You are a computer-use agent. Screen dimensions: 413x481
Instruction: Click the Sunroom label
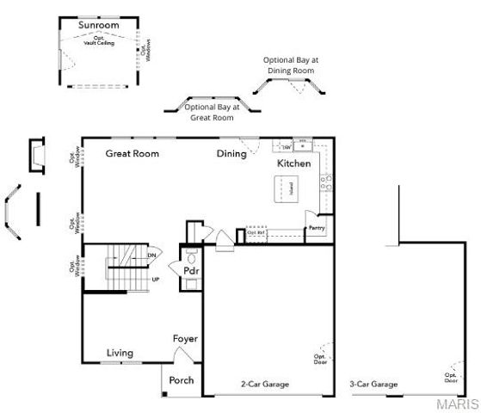pos(98,26)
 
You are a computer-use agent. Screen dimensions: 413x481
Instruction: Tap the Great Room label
pos(133,154)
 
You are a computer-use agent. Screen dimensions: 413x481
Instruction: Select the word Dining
pos(231,154)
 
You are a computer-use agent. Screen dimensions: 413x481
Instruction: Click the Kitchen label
pos(293,163)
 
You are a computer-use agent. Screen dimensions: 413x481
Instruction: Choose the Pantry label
pos(316,229)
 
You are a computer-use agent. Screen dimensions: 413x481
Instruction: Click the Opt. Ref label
pos(255,232)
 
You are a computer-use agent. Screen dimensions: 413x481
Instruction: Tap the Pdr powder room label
pos(191,271)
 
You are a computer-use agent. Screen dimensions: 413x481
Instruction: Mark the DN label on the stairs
pos(151,255)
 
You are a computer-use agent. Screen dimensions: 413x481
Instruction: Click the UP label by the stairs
pos(156,280)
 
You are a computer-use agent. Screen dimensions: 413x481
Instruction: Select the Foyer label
pos(186,338)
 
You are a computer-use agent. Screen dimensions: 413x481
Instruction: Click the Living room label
pos(120,353)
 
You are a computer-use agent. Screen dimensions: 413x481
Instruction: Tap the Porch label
pos(182,380)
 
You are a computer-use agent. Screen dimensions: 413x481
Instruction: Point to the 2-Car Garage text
pos(264,384)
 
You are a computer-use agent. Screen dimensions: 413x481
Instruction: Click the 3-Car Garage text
pos(373,384)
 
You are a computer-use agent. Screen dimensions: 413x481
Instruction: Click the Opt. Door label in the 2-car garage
pos(319,359)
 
